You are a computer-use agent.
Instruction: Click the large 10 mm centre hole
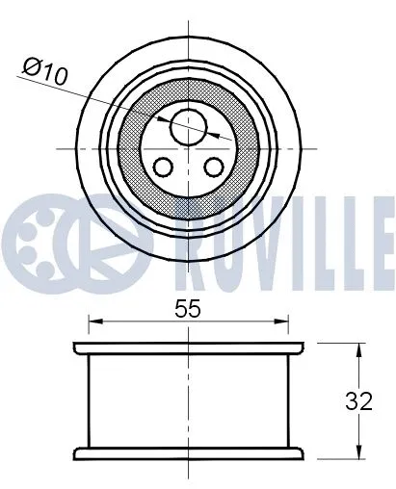[x=189, y=124]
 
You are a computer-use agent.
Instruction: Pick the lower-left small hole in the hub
[x=164, y=167]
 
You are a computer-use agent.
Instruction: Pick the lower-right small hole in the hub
[x=213, y=167]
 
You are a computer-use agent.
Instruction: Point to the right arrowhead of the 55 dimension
[x=286, y=321]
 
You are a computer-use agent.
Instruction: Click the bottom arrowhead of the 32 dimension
[x=360, y=454]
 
